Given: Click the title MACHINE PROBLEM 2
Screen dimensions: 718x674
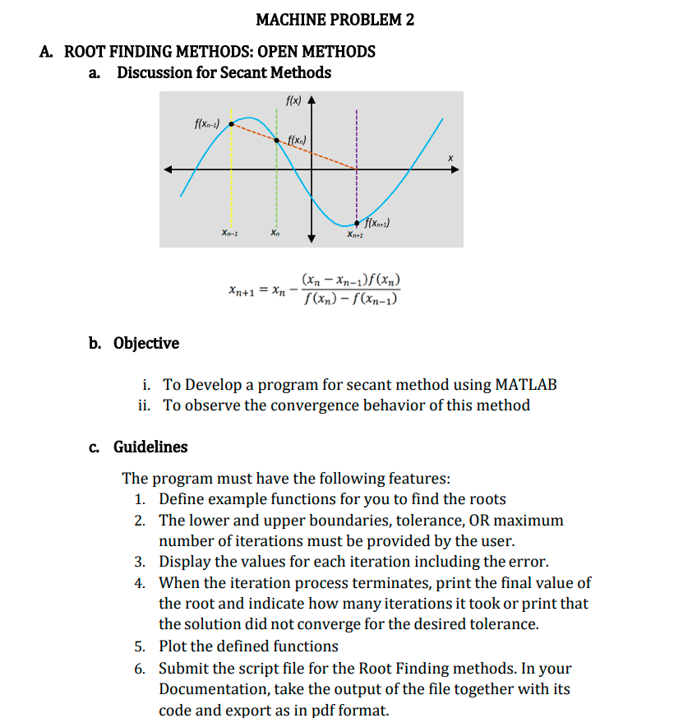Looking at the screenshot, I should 335,20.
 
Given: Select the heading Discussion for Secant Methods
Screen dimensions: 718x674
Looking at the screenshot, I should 224,72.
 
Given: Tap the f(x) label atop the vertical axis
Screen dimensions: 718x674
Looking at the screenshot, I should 293,101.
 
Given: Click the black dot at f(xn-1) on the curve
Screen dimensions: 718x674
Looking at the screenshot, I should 232,124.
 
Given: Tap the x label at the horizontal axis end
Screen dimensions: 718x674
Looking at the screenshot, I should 450,156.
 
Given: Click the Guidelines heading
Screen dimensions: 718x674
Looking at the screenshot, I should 150,447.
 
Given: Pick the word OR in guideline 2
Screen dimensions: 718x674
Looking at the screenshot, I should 478,520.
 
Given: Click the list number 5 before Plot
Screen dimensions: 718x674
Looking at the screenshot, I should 141,646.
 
